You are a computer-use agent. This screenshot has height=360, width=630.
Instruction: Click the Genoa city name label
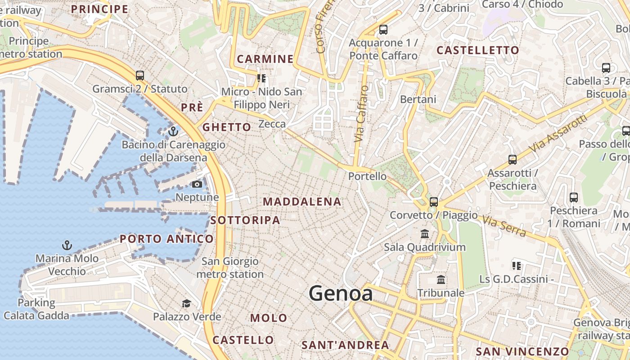click(x=341, y=294)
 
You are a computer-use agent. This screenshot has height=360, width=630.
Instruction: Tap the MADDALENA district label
click(x=302, y=202)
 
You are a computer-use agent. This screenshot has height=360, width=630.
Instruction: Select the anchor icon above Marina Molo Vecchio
click(x=67, y=245)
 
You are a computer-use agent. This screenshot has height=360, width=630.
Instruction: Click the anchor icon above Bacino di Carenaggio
click(x=173, y=131)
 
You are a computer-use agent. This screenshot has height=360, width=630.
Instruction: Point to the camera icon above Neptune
click(x=197, y=184)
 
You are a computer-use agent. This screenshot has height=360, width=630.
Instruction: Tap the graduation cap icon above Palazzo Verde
click(x=186, y=303)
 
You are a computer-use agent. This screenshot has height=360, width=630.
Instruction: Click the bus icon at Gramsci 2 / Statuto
click(x=140, y=75)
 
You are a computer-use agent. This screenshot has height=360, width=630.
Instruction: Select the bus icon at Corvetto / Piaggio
click(x=434, y=202)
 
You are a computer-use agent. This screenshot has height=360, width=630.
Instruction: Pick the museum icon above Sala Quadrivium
click(x=425, y=234)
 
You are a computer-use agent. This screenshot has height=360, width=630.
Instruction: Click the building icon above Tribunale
click(x=441, y=279)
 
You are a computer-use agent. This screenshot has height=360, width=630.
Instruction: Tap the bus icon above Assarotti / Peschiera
click(x=512, y=159)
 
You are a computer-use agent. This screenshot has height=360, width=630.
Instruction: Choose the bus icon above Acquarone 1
click(x=383, y=30)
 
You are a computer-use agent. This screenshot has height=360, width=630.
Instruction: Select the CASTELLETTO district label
click(x=478, y=50)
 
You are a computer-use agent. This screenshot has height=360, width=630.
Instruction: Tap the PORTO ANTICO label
click(x=166, y=239)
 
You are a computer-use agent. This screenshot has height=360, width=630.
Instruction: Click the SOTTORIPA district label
click(x=245, y=220)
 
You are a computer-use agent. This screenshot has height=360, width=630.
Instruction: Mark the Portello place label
click(x=367, y=176)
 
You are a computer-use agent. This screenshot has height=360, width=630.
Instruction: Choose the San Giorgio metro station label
click(x=230, y=268)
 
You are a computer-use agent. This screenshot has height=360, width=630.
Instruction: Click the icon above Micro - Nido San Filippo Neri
click(x=261, y=78)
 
